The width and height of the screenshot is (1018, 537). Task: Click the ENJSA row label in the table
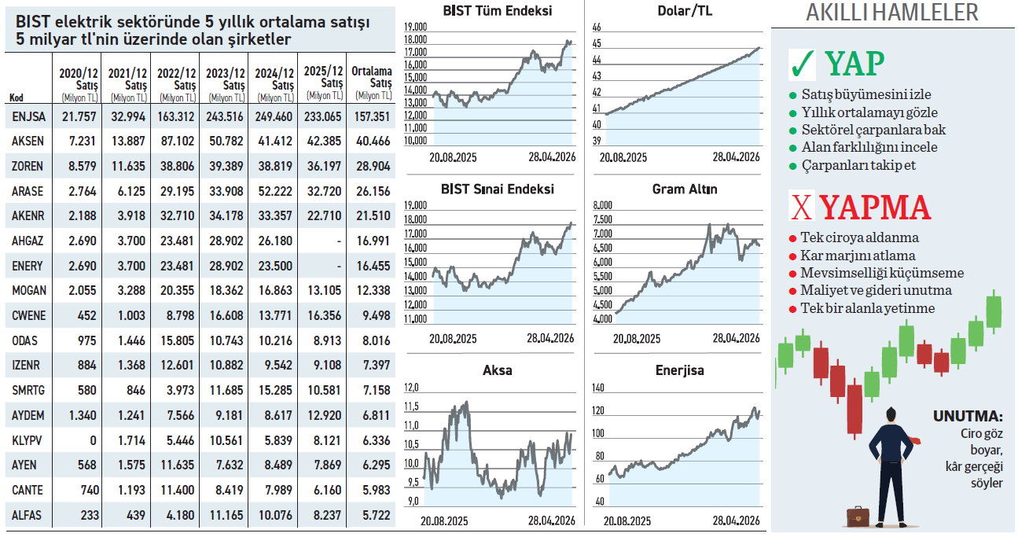pyautogui.click(x=28, y=117)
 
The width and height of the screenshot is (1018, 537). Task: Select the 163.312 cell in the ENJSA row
pyautogui.click(x=175, y=117)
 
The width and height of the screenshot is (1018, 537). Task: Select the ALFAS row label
pyautogui.click(x=28, y=515)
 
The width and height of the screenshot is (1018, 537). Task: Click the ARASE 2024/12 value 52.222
pyautogui.click(x=274, y=191)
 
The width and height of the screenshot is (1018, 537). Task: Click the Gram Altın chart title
pyautogui.click(x=684, y=189)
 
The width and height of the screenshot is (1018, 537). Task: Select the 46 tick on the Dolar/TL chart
pyautogui.click(x=595, y=27)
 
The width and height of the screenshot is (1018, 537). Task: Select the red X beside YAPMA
pyautogui.click(x=802, y=207)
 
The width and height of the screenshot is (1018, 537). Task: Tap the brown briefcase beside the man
pyautogui.click(x=857, y=517)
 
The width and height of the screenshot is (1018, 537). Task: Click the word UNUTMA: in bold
pyautogui.click(x=968, y=417)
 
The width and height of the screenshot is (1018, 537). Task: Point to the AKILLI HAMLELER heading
pyautogui.click(x=892, y=13)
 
